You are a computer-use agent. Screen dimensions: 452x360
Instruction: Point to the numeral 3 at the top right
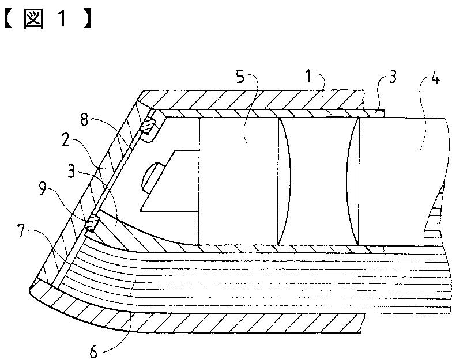point(393,77)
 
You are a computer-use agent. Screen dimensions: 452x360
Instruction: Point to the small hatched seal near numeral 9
point(91,224)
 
